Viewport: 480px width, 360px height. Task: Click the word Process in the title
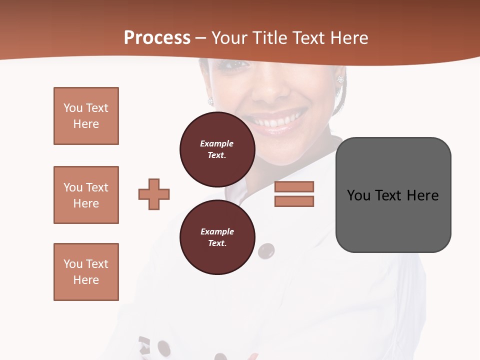157,38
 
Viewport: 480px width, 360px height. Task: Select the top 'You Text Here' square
86,116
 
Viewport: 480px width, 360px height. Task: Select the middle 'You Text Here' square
86,195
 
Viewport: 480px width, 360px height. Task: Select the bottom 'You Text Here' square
86,272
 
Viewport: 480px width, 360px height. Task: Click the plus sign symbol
154,194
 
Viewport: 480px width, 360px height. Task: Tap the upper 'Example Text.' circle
217,149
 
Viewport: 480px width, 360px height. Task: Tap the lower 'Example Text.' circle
217,237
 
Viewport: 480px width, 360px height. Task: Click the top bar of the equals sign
294,187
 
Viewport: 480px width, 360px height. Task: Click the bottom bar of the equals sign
294,201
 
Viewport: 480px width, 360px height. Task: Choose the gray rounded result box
393,195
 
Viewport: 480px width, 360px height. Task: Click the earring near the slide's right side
340,80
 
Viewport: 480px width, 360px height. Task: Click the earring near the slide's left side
210,101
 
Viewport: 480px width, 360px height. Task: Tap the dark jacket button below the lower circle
266,251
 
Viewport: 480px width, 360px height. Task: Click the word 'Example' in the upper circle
216,143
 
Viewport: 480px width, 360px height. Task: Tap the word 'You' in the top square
72,108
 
